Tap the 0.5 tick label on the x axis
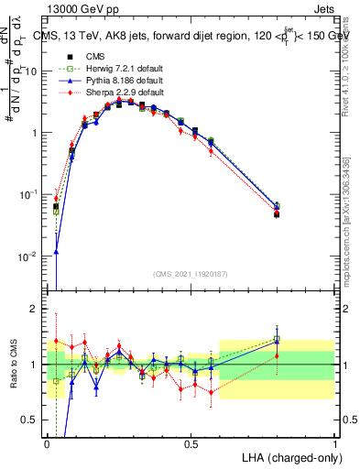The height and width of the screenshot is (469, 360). pos(191,444)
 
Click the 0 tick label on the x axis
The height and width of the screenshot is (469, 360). pos(48,444)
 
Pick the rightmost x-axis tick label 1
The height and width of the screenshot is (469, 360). pos(334,444)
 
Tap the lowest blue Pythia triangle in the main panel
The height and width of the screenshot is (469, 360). pos(57,252)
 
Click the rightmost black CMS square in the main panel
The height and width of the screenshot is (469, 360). pos(277,213)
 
